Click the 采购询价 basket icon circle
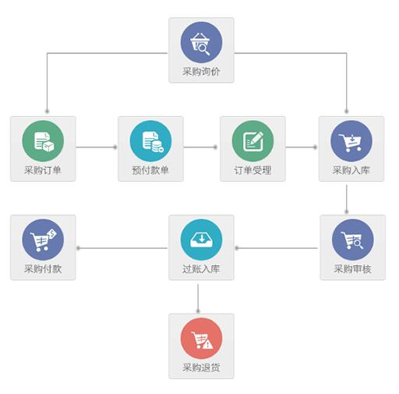(x=201, y=42)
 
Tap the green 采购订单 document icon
(x=43, y=141)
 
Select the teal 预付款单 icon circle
(x=150, y=141)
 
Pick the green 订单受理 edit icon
(x=252, y=141)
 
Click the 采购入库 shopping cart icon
(x=351, y=141)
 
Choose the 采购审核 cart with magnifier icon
(x=353, y=240)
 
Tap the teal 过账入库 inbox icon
(x=201, y=240)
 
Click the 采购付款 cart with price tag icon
(x=43, y=240)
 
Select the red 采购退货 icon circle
(x=201, y=338)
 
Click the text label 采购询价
(x=201, y=72)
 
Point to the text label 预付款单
(x=150, y=170)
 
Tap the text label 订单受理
(x=252, y=170)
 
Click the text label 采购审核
(x=353, y=268)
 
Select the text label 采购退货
(x=201, y=367)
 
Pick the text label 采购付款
(x=43, y=268)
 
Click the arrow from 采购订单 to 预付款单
(x=97, y=147)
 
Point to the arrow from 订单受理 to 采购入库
(x=302, y=147)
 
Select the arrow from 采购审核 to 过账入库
(x=276, y=248)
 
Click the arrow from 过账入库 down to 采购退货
(x=198, y=299)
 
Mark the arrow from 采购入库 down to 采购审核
(x=346, y=199)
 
